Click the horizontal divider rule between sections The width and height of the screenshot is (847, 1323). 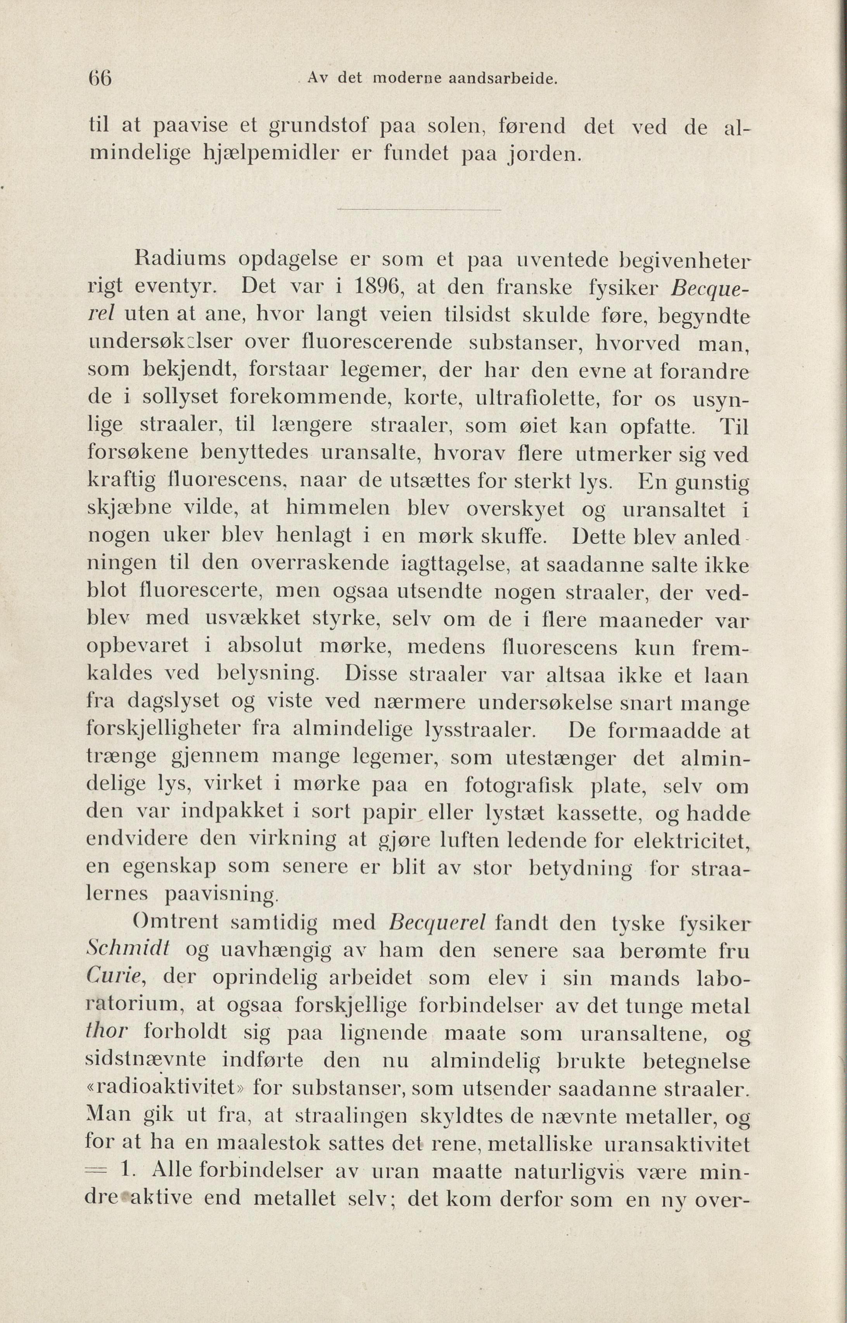tap(418, 210)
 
